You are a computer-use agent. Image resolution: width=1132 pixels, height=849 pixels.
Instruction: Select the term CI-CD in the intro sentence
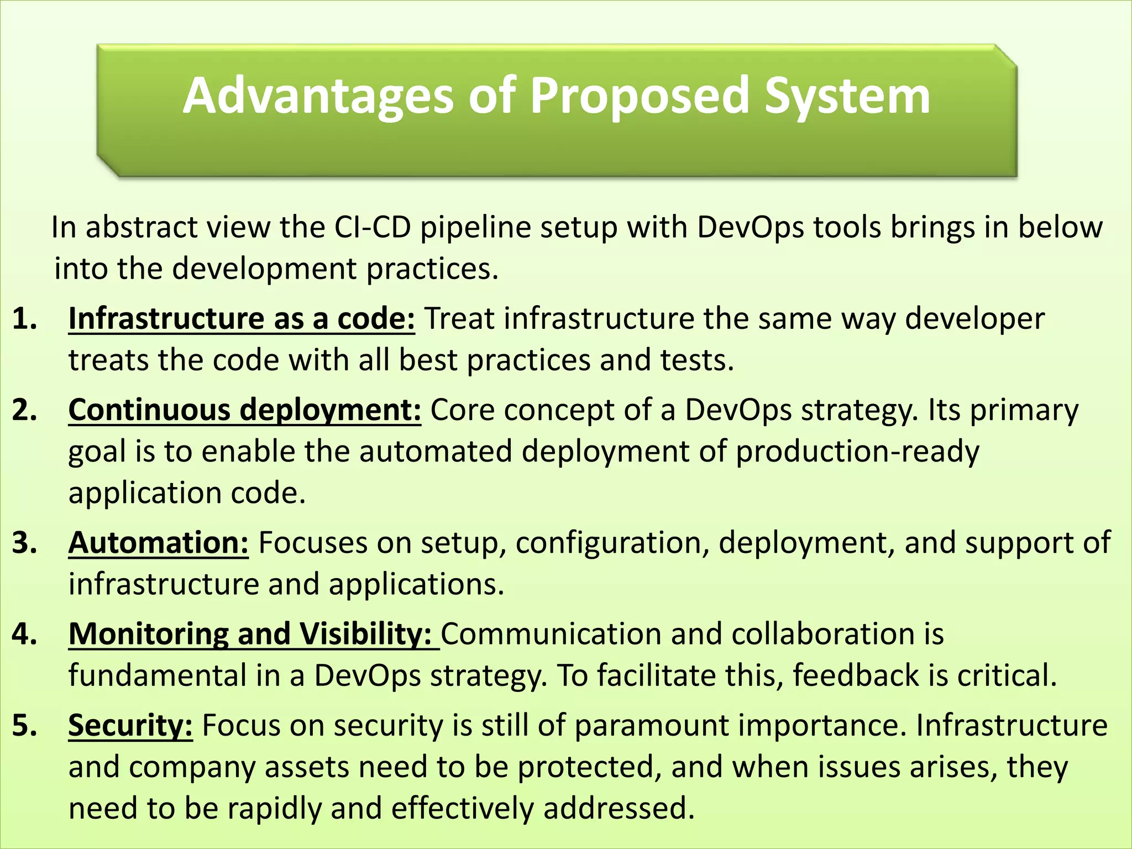click(x=372, y=227)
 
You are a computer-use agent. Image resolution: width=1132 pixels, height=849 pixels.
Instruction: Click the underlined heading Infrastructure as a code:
click(x=242, y=319)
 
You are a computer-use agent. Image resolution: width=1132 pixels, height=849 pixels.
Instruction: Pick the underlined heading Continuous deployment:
click(x=245, y=410)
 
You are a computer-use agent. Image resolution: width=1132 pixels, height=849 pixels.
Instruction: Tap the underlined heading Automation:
click(x=159, y=543)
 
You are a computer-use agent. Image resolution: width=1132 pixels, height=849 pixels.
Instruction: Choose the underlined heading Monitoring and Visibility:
click(x=253, y=634)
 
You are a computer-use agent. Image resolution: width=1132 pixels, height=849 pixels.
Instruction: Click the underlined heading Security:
click(x=130, y=725)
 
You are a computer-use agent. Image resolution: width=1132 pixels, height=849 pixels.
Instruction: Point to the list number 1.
click(x=24, y=319)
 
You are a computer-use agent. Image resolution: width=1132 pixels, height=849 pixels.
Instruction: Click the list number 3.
click(x=24, y=543)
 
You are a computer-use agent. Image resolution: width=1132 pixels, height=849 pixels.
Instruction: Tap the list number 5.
click(x=24, y=725)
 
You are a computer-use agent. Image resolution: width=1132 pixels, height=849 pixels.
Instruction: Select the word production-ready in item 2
click(x=857, y=452)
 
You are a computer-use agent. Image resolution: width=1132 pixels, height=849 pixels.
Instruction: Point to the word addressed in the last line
click(x=619, y=808)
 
